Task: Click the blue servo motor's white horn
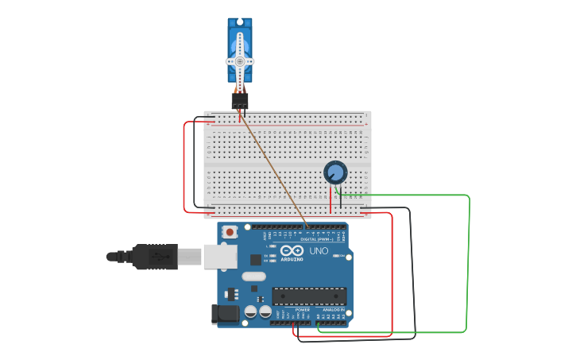click(240, 61)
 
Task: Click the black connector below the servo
click(239, 101)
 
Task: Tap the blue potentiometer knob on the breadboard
click(335, 172)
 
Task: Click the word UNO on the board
click(319, 251)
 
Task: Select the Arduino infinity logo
click(292, 250)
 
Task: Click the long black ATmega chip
click(309, 296)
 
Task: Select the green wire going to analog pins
click(467, 262)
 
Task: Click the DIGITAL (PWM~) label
click(317, 238)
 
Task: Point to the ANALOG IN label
click(333, 309)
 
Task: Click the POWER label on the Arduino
click(302, 309)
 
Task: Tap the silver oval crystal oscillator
click(253, 277)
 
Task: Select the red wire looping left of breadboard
click(184, 167)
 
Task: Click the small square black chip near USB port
click(256, 259)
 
